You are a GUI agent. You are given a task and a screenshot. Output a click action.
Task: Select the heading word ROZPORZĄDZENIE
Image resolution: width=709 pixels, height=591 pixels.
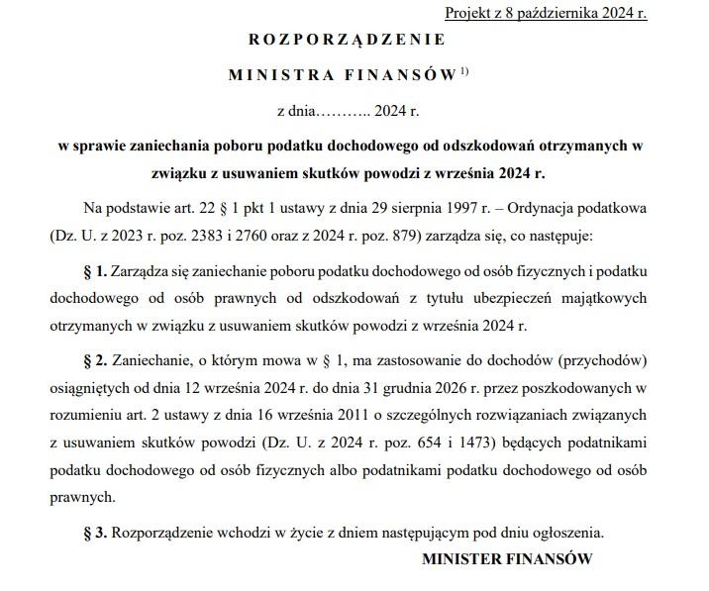point(347,41)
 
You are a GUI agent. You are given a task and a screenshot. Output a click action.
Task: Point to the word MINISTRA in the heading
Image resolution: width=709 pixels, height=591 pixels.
point(270,75)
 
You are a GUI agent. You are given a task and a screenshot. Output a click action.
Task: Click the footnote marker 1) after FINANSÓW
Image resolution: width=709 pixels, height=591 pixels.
point(465,71)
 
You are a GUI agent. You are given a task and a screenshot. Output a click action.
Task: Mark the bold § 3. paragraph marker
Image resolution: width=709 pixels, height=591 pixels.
point(98,533)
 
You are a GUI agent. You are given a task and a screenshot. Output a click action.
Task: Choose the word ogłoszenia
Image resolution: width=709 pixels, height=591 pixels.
point(565,533)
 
